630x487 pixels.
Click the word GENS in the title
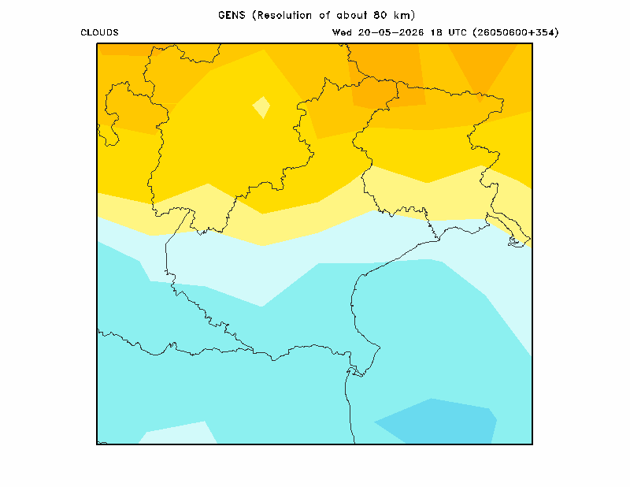(232, 15)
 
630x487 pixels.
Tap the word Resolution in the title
(284, 15)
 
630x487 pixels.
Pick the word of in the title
(324, 15)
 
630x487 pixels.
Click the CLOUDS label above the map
(99, 32)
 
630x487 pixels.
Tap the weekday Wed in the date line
(342, 32)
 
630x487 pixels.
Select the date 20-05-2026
(391, 32)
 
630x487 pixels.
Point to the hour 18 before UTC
(436, 32)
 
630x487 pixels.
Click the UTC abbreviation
(458, 32)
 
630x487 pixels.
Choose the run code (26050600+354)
(516, 32)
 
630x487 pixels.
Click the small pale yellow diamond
(261, 107)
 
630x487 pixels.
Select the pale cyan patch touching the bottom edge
(179, 434)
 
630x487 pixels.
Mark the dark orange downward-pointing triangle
(482, 69)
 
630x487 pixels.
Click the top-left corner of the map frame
(97, 43)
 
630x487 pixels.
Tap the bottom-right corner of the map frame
(532, 444)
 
